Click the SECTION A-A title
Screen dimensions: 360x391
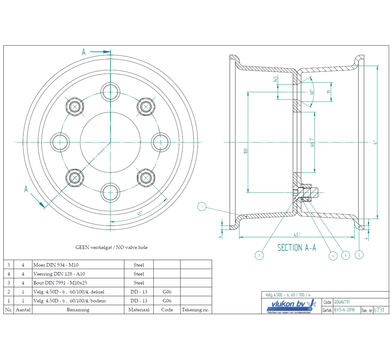(297, 248)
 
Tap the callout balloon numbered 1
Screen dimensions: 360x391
(202, 206)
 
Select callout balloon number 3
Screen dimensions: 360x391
(259, 255)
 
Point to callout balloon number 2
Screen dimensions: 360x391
(359, 255)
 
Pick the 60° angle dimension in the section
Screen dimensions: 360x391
(311, 92)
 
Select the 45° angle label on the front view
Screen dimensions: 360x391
(139, 213)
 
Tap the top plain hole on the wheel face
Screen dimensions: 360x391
(110, 91)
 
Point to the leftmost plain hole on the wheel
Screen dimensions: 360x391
(60, 142)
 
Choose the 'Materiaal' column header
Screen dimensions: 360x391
(139, 310)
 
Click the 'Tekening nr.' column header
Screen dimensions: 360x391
(196, 310)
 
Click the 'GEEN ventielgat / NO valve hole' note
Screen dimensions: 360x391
(112, 248)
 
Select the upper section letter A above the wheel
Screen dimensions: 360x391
(83, 52)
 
